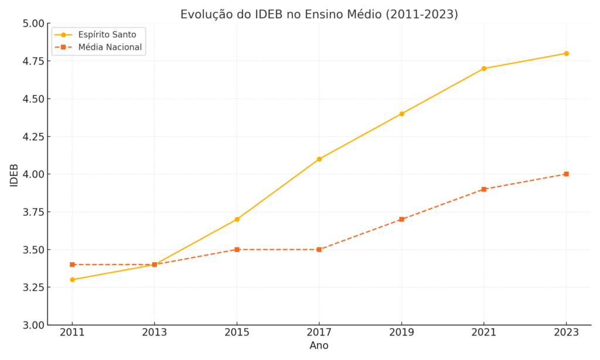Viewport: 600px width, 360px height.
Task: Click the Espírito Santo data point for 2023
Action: click(x=566, y=53)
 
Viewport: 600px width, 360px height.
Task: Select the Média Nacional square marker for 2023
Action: click(x=566, y=174)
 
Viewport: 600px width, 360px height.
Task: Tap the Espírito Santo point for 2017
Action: click(x=319, y=159)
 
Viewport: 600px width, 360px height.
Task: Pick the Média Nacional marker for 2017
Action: click(x=319, y=249)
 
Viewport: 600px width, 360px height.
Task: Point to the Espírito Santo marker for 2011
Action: click(x=72, y=280)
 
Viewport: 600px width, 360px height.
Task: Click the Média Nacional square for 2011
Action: click(x=72, y=264)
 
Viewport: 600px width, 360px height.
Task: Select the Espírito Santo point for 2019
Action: click(x=401, y=114)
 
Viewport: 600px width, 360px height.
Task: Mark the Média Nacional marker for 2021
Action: click(x=484, y=189)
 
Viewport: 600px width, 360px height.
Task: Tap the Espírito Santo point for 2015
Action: click(x=237, y=219)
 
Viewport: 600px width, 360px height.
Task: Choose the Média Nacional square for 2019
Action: click(x=401, y=219)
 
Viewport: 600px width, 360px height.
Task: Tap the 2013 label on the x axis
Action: click(x=155, y=333)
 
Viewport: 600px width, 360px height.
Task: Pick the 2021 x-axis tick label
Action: click(x=484, y=333)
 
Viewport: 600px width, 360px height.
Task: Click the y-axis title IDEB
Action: click(x=14, y=175)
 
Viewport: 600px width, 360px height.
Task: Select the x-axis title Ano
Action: click(x=319, y=346)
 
